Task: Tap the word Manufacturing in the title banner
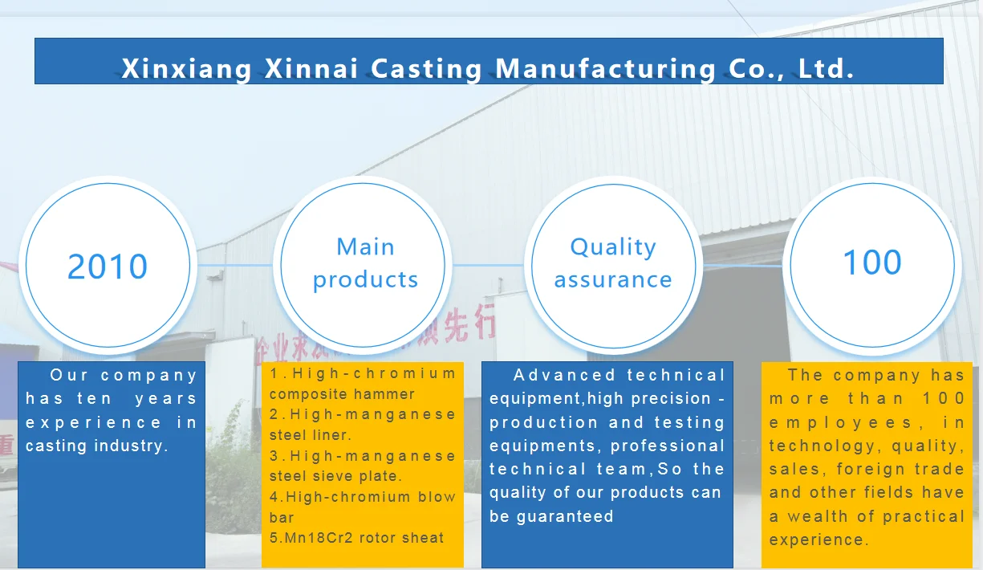pyautogui.click(x=605, y=69)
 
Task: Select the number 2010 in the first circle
pyautogui.click(x=108, y=267)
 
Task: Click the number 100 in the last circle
pyautogui.click(x=871, y=263)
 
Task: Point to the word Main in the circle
pyautogui.click(x=365, y=246)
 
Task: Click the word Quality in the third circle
pyautogui.click(x=613, y=247)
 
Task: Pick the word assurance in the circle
pyautogui.click(x=613, y=279)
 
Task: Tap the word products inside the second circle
pyautogui.click(x=365, y=279)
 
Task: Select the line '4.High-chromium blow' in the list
pyautogui.click(x=363, y=497)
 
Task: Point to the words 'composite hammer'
pyautogui.click(x=342, y=394)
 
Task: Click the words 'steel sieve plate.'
pyautogui.click(x=335, y=476)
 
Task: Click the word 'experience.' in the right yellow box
pyautogui.click(x=818, y=539)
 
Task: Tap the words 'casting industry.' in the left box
pyautogui.click(x=97, y=446)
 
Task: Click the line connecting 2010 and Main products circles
pyautogui.click(x=236, y=265)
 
